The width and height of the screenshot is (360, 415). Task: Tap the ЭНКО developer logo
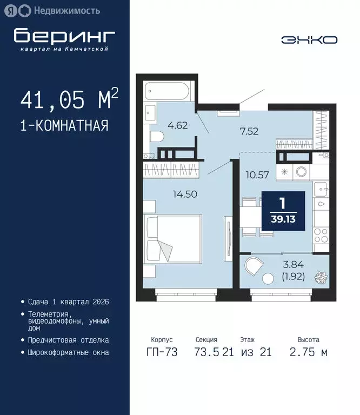(309, 39)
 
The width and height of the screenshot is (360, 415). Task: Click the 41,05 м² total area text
(69, 101)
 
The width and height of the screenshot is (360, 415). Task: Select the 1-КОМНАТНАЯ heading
(64, 126)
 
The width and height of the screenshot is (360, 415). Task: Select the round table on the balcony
(268, 279)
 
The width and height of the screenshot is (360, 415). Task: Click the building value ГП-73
(162, 353)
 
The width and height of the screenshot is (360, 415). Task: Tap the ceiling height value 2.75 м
(308, 353)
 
